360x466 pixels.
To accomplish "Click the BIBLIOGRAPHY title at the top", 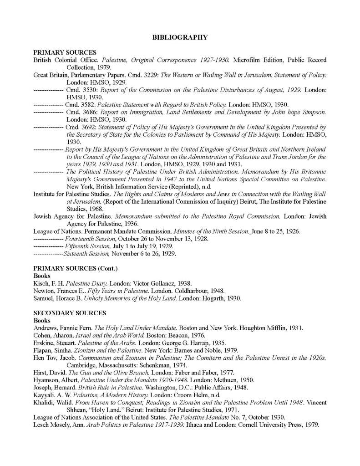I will click(x=180, y=37).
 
